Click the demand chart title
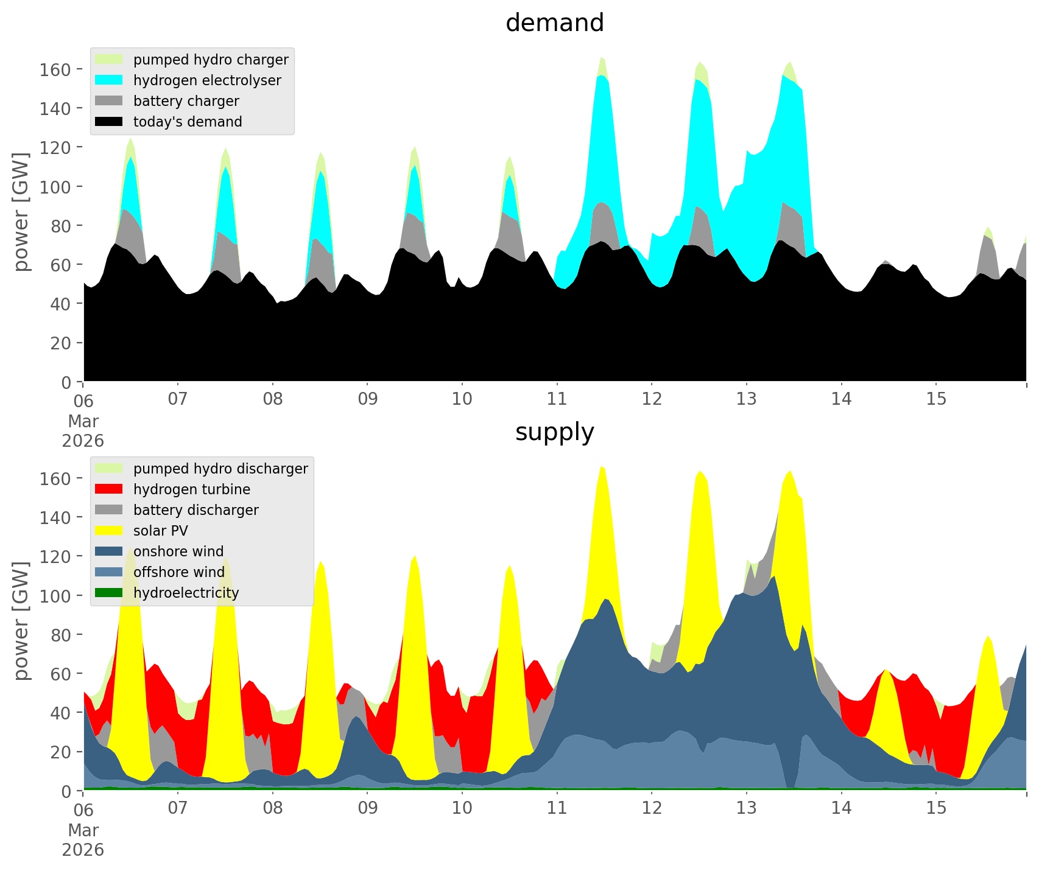click(x=554, y=23)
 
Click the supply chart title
click(x=554, y=432)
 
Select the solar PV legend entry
click(x=161, y=531)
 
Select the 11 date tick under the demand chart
click(x=557, y=399)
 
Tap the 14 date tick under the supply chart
click(x=841, y=808)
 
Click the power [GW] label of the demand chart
click(x=21, y=212)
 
